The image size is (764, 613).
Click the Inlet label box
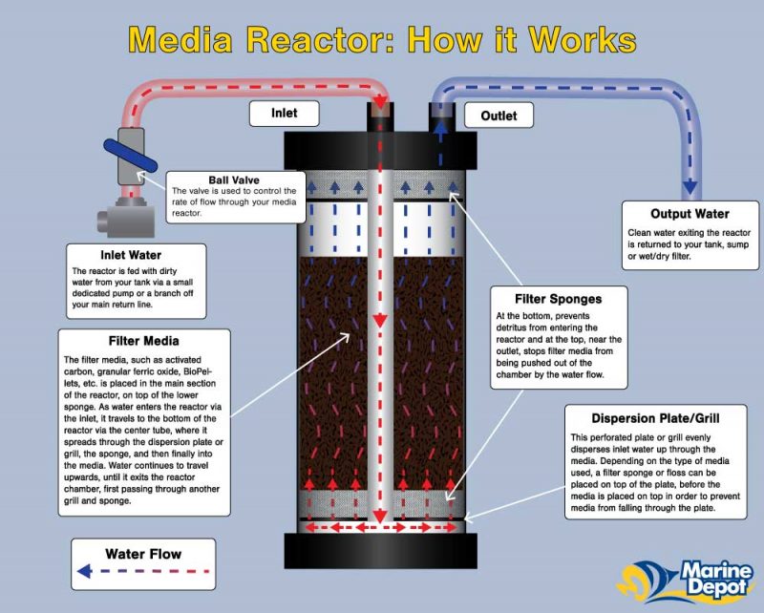pos(284,114)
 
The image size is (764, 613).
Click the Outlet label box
pos(498,116)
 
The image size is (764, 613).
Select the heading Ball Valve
pos(233,180)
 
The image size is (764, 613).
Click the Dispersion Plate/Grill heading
pos(642,416)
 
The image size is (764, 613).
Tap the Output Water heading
pos(690,214)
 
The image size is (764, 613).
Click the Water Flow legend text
pos(143,553)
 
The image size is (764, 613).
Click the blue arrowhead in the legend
pos(84,572)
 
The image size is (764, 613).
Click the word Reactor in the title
pos(336,39)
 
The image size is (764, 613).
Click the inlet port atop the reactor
pos(379,116)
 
